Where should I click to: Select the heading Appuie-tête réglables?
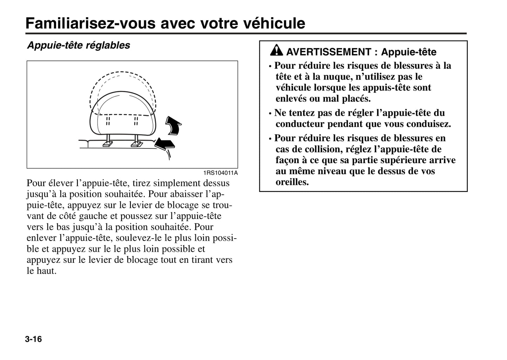pyautogui.click(x=79, y=45)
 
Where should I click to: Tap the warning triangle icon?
pyautogui.click(x=276, y=51)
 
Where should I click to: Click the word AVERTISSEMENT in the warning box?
pyautogui.click(x=328, y=52)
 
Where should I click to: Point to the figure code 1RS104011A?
pyautogui.click(x=220, y=173)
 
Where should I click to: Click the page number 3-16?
pyautogui.click(x=33, y=339)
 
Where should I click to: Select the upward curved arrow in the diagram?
pyautogui.click(x=173, y=126)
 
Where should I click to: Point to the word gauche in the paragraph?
pyautogui.click(x=92, y=216)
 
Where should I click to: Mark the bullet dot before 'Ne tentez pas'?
pyautogui.click(x=270, y=114)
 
